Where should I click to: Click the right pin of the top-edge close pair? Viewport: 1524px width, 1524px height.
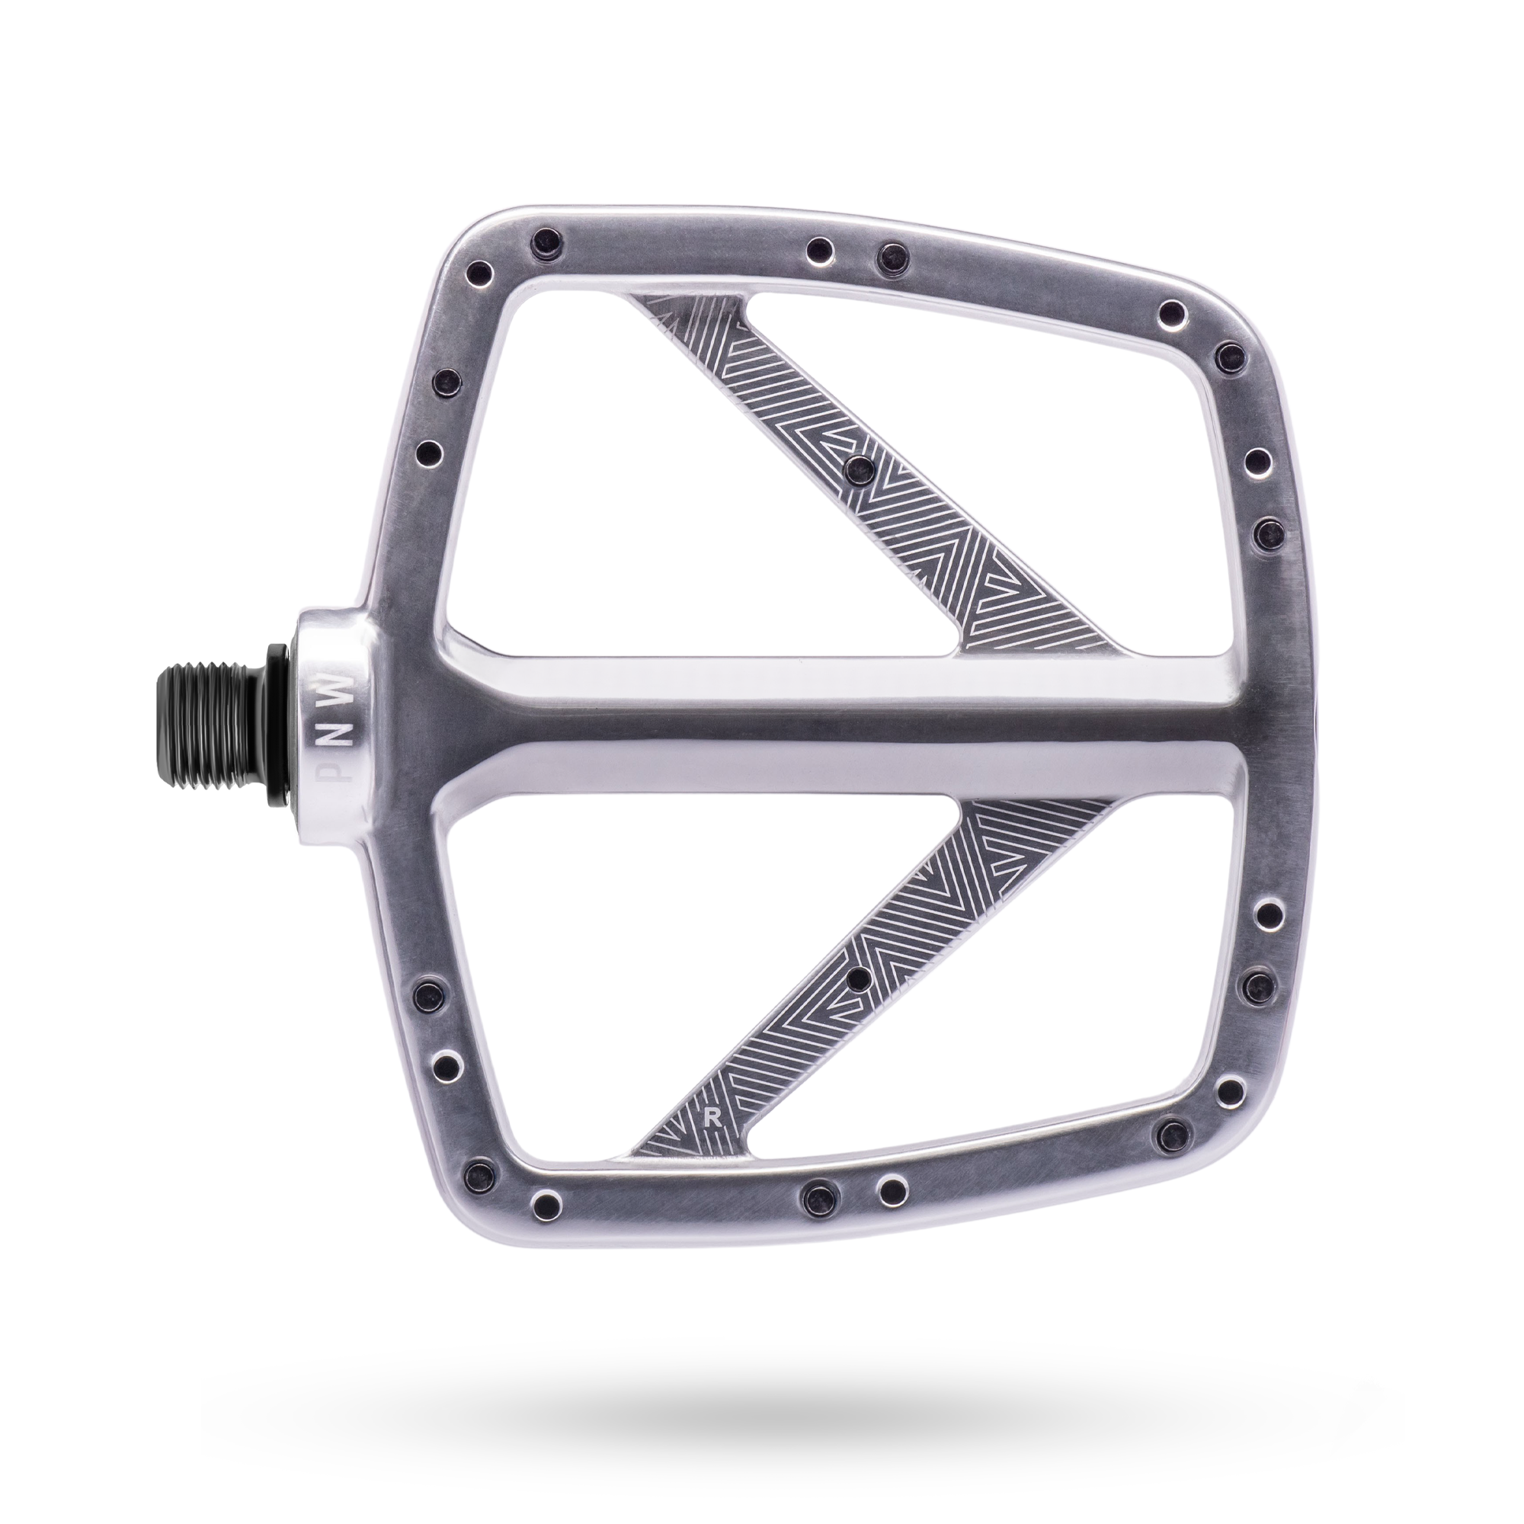point(893,252)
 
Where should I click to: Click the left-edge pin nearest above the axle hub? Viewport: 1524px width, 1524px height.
point(427,452)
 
